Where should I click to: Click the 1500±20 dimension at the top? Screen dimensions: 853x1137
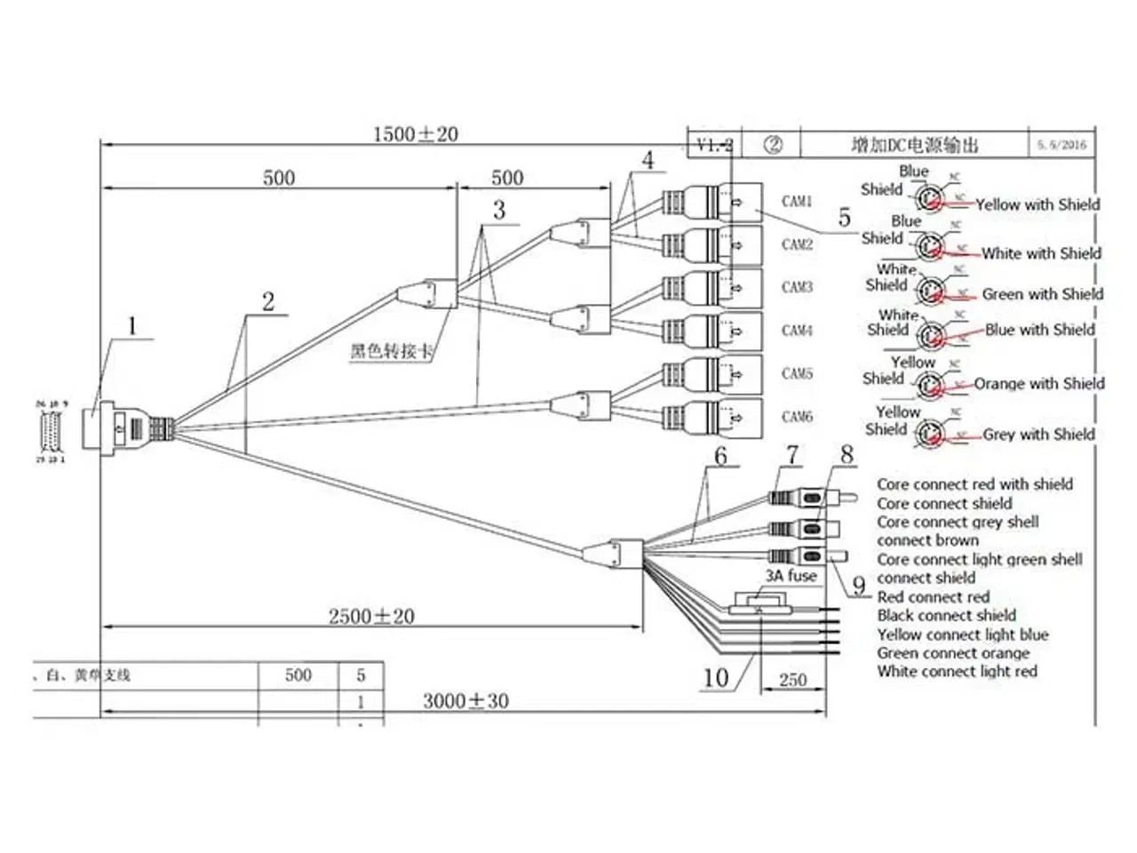(x=415, y=134)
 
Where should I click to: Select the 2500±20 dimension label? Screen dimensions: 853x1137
(x=371, y=616)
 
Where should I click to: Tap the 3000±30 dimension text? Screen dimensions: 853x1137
(x=465, y=701)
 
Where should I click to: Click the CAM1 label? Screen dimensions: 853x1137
(x=797, y=202)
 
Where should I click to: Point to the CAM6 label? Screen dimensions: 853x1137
(x=797, y=416)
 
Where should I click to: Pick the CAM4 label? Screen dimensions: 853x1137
(x=797, y=331)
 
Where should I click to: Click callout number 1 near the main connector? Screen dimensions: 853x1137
(x=132, y=326)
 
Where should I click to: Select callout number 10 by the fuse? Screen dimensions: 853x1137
(x=716, y=678)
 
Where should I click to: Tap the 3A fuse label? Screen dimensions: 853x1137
(x=791, y=576)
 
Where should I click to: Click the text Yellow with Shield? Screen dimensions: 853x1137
(x=1038, y=204)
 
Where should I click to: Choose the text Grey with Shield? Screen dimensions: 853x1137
(x=1038, y=434)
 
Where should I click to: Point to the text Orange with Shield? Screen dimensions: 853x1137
(x=1039, y=384)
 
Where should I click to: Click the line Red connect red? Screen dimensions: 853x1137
(x=933, y=597)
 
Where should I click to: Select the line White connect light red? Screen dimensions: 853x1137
(x=957, y=672)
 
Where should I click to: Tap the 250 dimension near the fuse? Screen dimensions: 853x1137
(x=792, y=680)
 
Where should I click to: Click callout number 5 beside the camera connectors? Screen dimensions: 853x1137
(x=844, y=218)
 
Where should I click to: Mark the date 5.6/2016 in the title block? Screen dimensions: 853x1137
(x=1061, y=144)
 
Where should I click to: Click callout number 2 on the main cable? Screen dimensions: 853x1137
(x=268, y=302)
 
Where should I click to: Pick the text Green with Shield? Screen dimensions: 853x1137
(x=1042, y=294)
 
